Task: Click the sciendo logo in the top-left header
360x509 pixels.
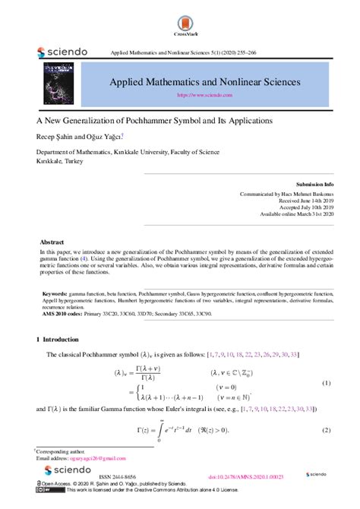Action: tap(62, 52)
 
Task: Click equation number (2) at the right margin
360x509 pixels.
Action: tap(326, 431)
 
